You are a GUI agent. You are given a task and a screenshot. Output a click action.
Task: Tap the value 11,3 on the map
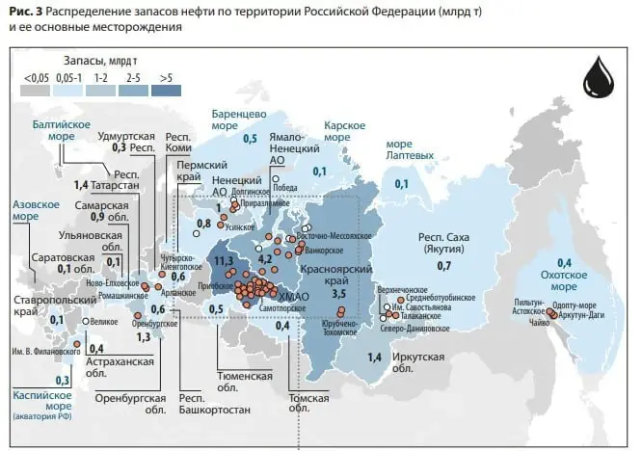point(225,260)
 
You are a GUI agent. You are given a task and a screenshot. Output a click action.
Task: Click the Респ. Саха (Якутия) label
point(444,244)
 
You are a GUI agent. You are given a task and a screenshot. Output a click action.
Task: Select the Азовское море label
point(34,211)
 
